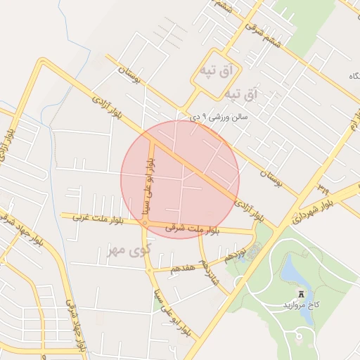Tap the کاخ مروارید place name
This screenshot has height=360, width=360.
coord(302,305)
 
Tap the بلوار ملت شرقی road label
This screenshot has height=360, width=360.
coord(193,229)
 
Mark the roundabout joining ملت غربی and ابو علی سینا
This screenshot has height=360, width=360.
coord(144,223)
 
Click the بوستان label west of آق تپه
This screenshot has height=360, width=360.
coord(129,75)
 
